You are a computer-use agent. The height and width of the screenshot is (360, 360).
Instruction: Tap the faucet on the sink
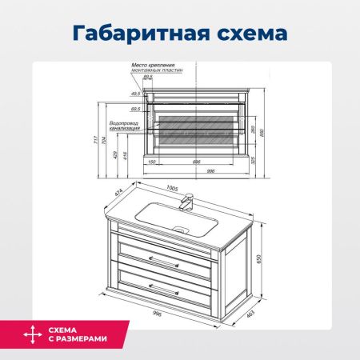190,202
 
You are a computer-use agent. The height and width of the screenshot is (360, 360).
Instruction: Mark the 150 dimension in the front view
151,162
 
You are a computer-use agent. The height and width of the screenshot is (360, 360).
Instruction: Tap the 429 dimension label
117,154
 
